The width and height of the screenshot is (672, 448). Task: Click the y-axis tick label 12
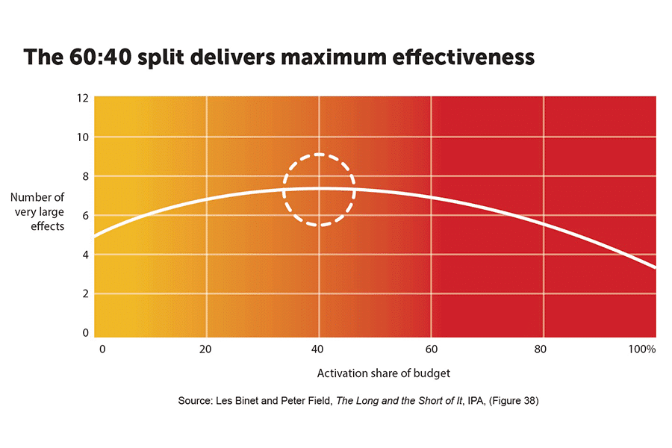(83, 98)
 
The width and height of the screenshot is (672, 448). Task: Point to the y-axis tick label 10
(83, 137)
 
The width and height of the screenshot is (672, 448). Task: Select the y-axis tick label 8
(85, 176)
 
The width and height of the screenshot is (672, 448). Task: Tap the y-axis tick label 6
(85, 216)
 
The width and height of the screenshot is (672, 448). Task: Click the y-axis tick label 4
(85, 255)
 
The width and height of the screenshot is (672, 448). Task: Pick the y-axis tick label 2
(85, 293)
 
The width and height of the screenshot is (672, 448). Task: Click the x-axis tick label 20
(206, 349)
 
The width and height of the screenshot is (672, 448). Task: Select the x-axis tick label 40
(319, 349)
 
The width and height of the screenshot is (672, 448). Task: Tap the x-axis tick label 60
(432, 349)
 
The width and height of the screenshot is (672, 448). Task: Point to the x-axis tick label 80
(544, 349)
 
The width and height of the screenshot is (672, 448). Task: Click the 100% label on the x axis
(643, 349)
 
